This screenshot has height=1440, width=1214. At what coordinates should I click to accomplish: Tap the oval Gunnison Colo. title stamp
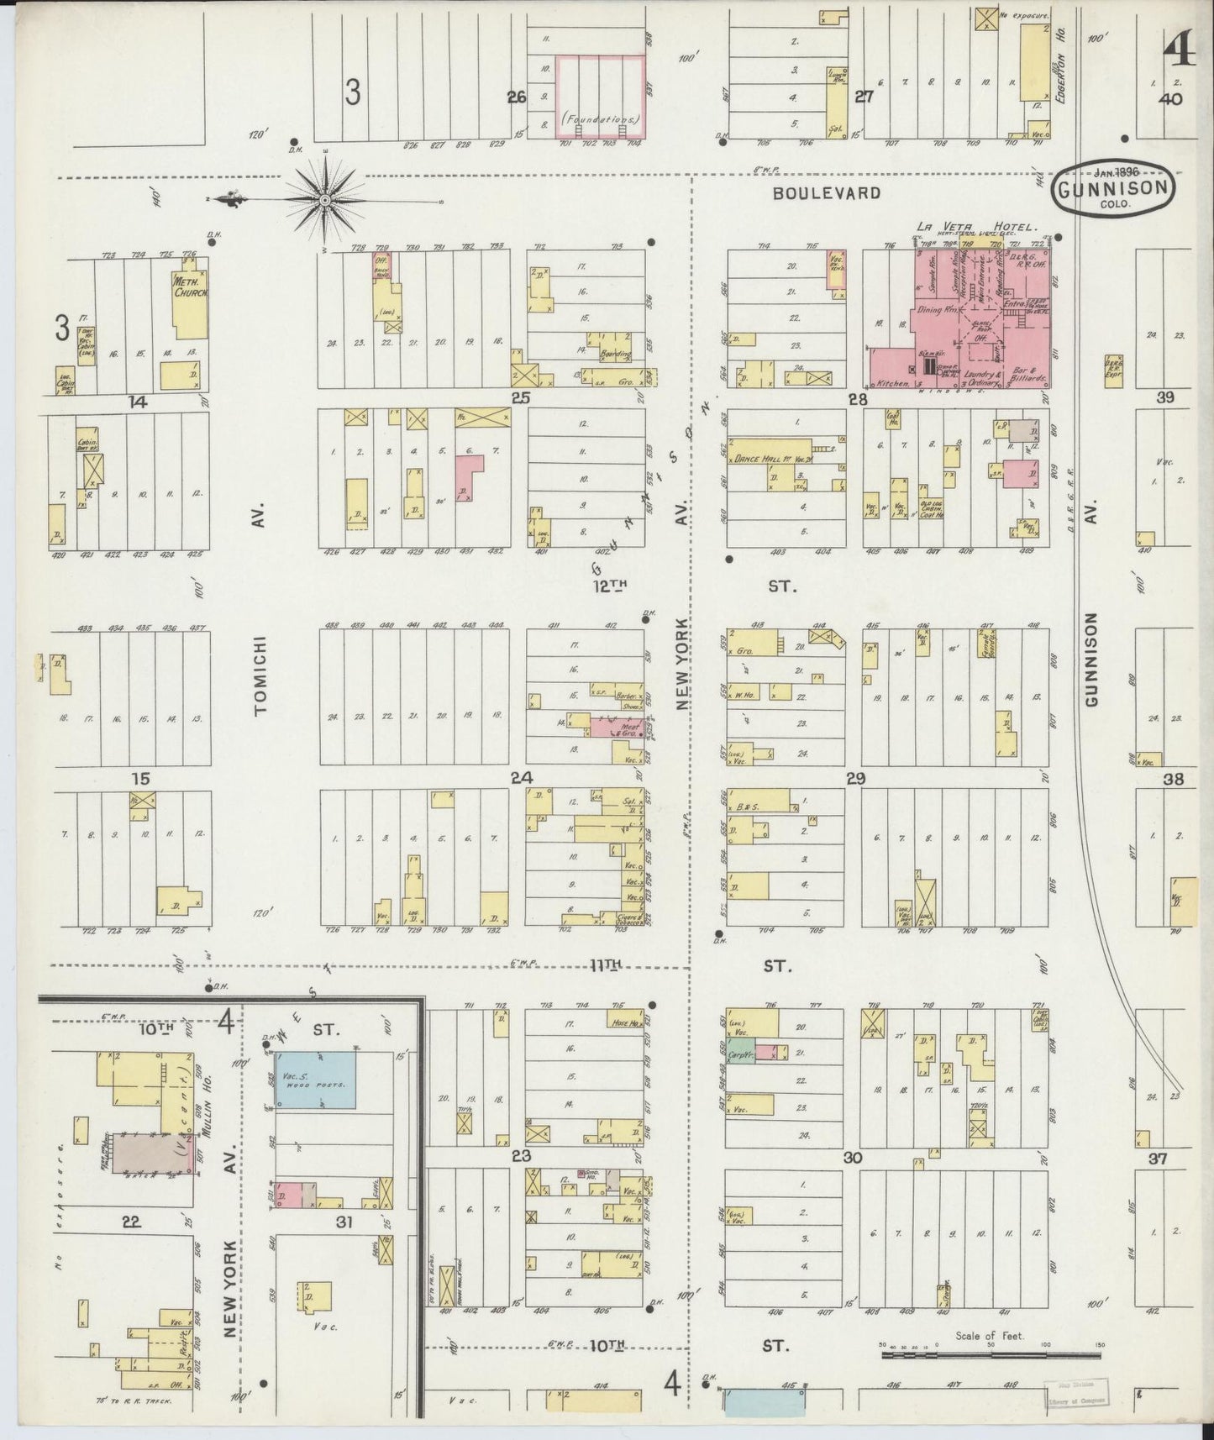pyautogui.click(x=1113, y=188)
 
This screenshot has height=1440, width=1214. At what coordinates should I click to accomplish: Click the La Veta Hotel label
pyautogui.click(x=977, y=226)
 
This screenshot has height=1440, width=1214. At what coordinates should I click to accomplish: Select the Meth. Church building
pyautogui.click(x=189, y=306)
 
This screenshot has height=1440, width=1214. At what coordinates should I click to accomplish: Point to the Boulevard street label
pyautogui.click(x=827, y=193)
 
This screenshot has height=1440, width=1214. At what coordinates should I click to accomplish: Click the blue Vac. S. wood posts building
pyautogui.click(x=316, y=1079)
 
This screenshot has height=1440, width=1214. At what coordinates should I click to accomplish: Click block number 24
pyautogui.click(x=522, y=777)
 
